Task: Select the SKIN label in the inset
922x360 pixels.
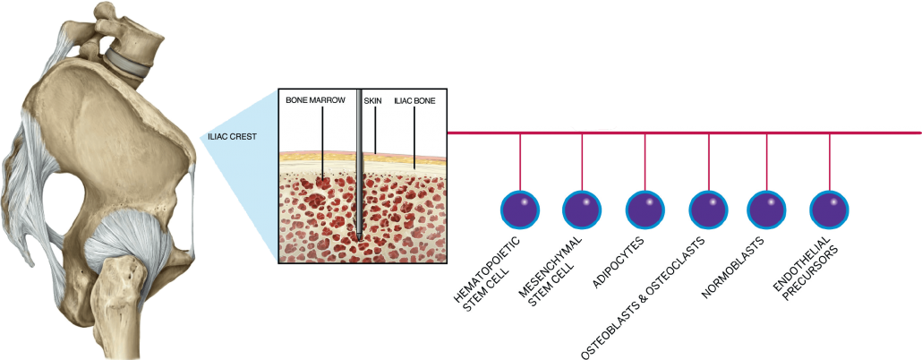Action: click(372, 102)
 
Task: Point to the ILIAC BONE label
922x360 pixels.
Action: click(414, 102)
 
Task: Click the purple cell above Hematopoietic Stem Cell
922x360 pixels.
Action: click(520, 210)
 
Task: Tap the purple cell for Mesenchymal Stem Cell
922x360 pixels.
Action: click(583, 210)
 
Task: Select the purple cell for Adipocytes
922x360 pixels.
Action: click(645, 210)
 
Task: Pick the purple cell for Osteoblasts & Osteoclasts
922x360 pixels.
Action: click(709, 210)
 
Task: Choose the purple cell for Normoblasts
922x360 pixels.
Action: click(766, 210)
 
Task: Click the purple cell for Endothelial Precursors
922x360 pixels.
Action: click(830, 210)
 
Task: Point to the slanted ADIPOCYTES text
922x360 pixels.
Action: click(619, 265)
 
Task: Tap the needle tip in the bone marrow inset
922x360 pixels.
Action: click(358, 236)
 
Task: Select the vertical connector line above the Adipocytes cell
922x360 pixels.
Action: click(645, 161)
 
